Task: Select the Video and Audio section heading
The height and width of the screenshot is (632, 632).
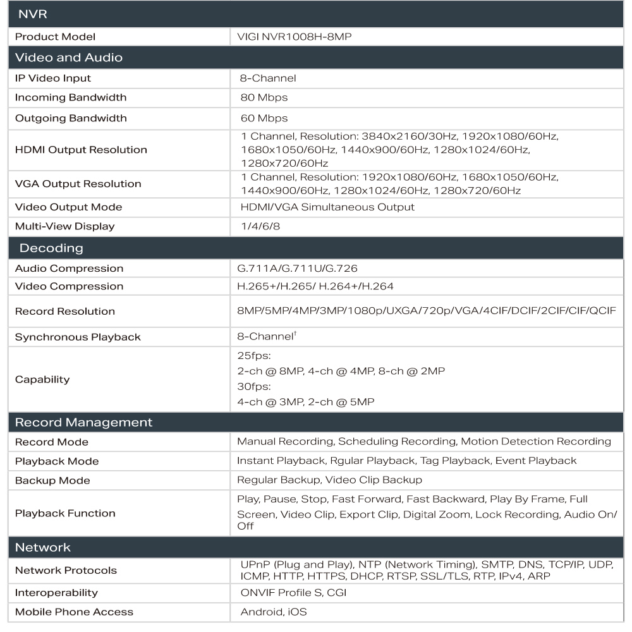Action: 69,58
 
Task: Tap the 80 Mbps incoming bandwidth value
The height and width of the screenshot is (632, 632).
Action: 264,98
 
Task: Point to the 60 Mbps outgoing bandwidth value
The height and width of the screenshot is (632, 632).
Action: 264,118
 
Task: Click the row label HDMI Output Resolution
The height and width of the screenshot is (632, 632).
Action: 81,150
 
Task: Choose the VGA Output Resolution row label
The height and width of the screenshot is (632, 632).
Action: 78,184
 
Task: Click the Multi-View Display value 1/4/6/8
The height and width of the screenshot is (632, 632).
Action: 257,227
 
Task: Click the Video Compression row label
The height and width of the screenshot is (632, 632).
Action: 70,286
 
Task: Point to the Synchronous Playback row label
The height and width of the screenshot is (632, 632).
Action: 78,337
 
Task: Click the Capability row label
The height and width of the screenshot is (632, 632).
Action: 42,380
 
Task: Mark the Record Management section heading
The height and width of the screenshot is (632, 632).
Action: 83,422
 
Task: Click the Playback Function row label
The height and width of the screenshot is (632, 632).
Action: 65,513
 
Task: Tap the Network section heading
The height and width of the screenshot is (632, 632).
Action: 43,547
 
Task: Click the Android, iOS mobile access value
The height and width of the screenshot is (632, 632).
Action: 274,612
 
